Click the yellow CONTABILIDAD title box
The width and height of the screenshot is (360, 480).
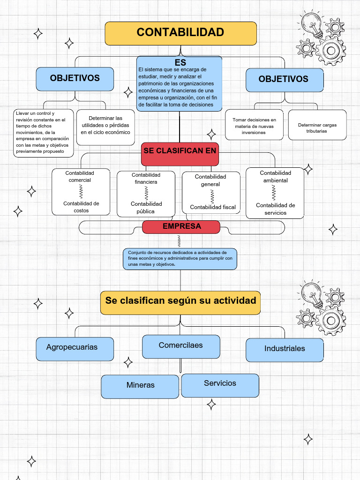click(x=180, y=33)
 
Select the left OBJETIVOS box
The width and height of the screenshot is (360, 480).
click(x=75, y=79)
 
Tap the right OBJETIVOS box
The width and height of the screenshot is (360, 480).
click(x=284, y=80)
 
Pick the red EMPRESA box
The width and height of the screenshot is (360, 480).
click(x=181, y=227)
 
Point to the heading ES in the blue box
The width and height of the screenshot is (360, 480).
click(x=180, y=62)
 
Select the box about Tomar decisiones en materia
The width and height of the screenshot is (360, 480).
click(x=254, y=126)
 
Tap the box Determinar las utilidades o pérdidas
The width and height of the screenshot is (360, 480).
click(x=105, y=125)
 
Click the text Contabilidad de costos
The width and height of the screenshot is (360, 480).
click(x=81, y=207)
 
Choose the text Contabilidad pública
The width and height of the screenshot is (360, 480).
click(x=146, y=208)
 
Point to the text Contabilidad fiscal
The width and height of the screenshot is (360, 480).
click(x=213, y=207)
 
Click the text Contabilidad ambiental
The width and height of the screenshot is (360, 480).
click(x=275, y=177)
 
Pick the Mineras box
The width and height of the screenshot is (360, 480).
click(x=140, y=386)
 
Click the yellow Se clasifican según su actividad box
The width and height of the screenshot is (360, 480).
click(x=180, y=301)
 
